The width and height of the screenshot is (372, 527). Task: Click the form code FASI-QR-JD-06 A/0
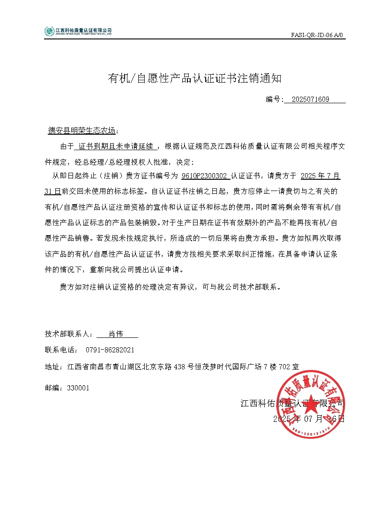click(318, 35)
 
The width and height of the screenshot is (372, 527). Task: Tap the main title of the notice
click(195, 78)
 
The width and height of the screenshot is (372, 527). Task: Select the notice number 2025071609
click(310, 99)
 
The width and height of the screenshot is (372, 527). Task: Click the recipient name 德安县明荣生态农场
click(82, 130)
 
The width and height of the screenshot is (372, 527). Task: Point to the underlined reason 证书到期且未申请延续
click(116, 146)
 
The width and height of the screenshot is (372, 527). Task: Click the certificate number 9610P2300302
click(205, 176)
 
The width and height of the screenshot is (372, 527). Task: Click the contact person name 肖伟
click(116, 334)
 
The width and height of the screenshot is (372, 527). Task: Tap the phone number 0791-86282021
click(110, 350)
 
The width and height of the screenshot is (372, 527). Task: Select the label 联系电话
click(60, 350)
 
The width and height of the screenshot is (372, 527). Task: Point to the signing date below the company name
click(309, 419)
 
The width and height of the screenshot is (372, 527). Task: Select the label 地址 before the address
click(52, 367)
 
